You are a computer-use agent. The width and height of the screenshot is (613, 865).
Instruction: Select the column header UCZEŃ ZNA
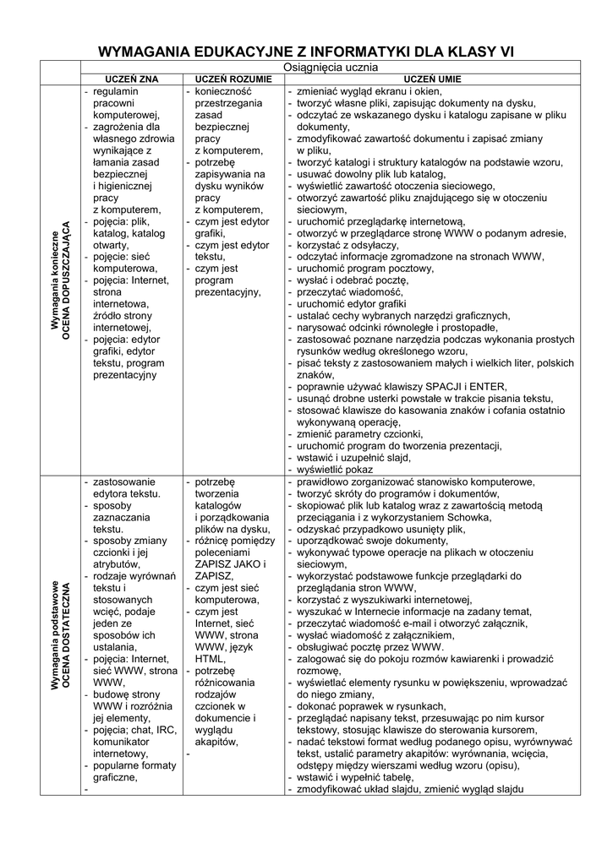[x=132, y=79]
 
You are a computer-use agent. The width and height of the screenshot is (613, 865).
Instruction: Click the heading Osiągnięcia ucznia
[x=331, y=67]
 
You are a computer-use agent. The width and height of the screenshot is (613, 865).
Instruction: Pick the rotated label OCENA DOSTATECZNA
[x=65, y=637]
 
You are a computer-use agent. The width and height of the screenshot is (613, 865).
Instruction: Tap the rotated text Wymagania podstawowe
[x=52, y=637]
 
